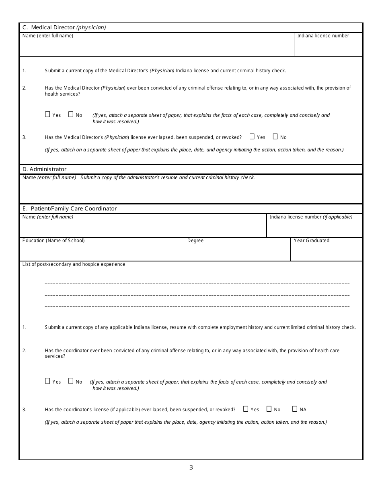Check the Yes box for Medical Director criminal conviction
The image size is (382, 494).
pos(47,114)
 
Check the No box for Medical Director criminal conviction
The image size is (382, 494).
pos(71,114)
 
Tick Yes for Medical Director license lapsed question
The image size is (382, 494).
pos(252,137)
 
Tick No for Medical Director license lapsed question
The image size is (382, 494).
pos(275,137)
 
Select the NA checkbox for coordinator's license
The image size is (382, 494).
pos(295,409)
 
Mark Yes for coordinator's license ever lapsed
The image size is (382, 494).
pos(246,409)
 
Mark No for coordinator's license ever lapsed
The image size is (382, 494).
pos(269,409)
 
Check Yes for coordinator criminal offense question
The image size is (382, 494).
pos(47,381)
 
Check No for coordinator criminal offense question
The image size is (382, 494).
pos(71,381)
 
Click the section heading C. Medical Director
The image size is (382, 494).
pos(64,28)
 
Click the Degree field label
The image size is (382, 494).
pos(195,241)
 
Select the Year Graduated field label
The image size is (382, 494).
pos(311,241)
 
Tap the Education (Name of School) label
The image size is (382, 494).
pos(53,241)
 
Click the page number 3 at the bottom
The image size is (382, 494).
pos(191,467)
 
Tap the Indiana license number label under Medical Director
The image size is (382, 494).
pos(323,36)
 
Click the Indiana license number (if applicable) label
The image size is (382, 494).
pos(311,217)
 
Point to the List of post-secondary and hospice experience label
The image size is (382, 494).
pos(74,264)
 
